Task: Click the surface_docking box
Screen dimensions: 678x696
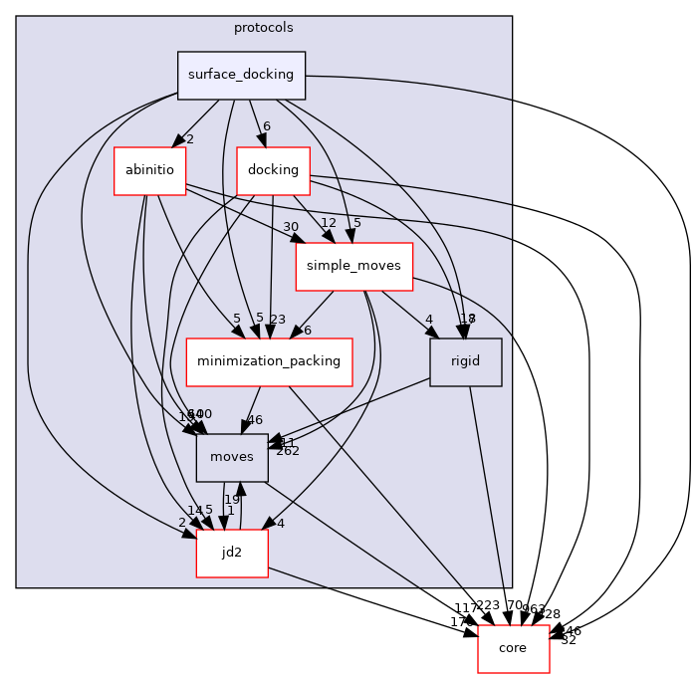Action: point(241,75)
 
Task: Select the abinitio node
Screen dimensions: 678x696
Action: point(149,170)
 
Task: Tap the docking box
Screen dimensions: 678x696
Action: point(273,170)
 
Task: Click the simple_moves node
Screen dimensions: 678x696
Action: point(353,266)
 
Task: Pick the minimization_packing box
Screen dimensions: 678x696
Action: point(270,361)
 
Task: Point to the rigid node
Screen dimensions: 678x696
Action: point(465,361)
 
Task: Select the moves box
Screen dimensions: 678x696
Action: point(232,457)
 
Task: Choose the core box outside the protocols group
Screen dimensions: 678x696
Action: point(514,648)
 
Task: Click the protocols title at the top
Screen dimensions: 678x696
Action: point(264,27)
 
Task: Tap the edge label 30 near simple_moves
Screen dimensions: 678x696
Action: point(291,227)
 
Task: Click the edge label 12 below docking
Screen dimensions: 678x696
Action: point(329,222)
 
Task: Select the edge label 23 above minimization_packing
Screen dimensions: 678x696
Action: point(278,320)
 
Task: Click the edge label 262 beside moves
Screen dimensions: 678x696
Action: point(288,451)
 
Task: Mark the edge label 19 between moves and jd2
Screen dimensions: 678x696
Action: point(232,500)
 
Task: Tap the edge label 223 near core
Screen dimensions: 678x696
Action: point(488,606)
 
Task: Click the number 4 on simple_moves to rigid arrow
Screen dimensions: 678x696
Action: point(429,320)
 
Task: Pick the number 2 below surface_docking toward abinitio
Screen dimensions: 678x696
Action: point(189,139)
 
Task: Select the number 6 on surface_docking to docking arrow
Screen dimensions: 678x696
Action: point(266,126)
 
